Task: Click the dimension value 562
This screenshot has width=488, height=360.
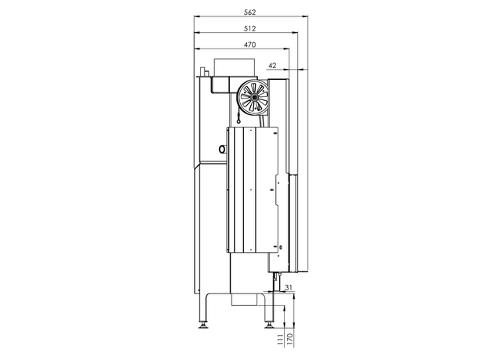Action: pyautogui.click(x=250, y=13)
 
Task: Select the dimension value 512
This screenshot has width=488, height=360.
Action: pyautogui.click(x=250, y=29)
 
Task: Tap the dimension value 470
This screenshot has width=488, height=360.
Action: pyautogui.click(x=250, y=45)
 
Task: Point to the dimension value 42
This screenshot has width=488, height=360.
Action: pyautogui.click(x=272, y=66)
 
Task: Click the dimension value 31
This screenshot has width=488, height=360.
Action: pyautogui.click(x=289, y=287)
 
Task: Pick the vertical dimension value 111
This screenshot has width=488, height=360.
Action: pyautogui.click(x=281, y=339)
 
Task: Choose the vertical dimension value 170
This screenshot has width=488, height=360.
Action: pyautogui.click(x=290, y=339)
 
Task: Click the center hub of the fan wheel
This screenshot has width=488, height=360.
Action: pyautogui.click(x=254, y=97)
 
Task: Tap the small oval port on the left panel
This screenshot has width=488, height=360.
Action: pyautogui.click(x=222, y=149)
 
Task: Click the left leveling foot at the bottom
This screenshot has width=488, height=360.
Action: pyautogui.click(x=203, y=325)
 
